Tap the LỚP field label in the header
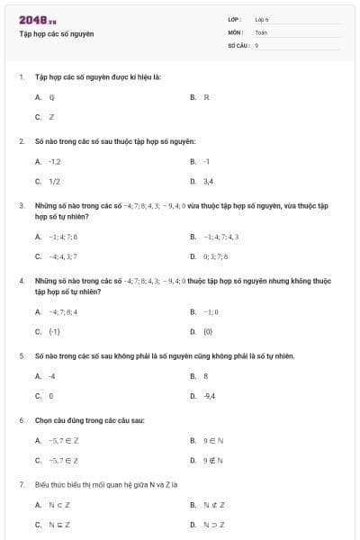coord(236,19)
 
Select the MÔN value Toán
coord(261,31)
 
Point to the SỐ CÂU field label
coord(237,43)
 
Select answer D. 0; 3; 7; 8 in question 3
coord(216,256)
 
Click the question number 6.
coord(22,420)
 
